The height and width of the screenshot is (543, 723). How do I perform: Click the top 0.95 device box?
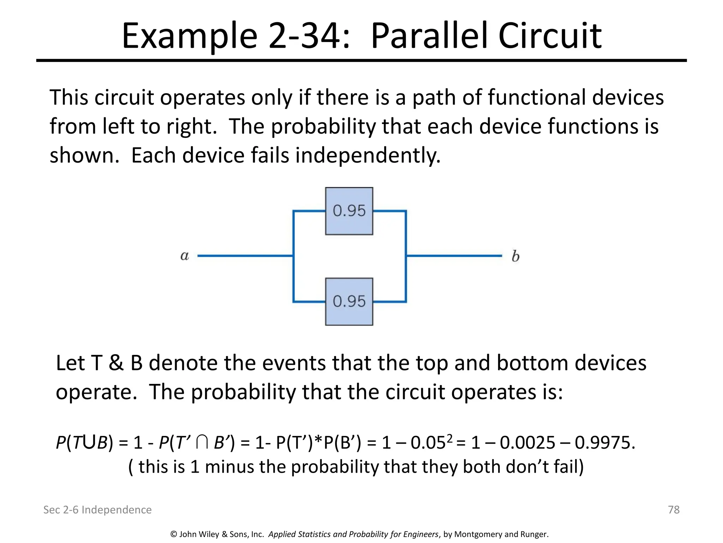tap(349, 211)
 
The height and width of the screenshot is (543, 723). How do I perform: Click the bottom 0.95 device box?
tap(349, 302)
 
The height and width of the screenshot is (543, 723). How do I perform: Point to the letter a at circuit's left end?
tap(184, 256)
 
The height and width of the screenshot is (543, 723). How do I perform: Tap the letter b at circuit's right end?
tap(515, 256)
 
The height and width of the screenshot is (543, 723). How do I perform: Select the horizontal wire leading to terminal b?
tap(454, 256)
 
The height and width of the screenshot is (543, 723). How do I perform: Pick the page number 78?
tap(674, 509)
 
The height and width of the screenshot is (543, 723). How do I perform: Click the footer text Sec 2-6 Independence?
tap(97, 509)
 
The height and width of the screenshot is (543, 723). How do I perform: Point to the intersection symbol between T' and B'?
tap(202, 443)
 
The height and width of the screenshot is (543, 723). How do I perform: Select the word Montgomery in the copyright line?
tap(476, 534)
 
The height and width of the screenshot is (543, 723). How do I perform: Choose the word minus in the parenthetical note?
tap(230, 467)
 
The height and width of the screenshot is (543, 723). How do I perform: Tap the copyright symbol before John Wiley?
tap(173, 534)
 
